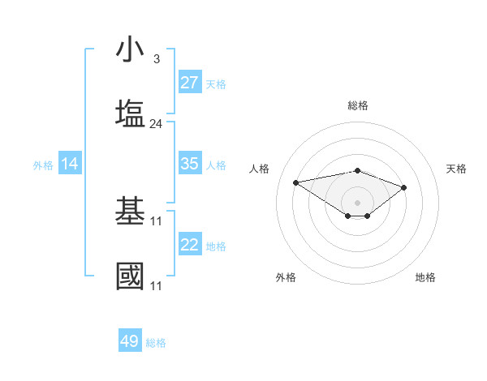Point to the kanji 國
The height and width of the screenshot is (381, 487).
[131, 276]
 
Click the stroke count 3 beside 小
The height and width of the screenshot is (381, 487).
[156, 59]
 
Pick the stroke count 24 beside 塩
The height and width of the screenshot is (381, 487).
[156, 123]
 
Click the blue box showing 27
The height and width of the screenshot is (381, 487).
[190, 83]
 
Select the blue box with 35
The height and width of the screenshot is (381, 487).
[190, 164]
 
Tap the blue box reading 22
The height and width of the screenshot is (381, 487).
[190, 246]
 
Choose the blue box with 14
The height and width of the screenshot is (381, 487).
[70, 165]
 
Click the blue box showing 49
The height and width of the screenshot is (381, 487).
[130, 341]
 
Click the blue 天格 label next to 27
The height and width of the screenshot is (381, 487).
[216, 84]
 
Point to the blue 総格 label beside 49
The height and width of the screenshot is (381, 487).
[156, 343]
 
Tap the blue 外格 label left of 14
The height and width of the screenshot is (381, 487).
[43, 165]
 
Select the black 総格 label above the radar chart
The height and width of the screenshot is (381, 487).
[357, 105]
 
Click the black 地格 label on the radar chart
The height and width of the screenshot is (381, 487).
[425, 277]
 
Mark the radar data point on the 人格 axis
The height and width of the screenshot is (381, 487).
[296, 182]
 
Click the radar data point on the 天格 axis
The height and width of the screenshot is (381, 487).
[403, 187]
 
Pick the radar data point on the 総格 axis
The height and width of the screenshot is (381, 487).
[357, 170]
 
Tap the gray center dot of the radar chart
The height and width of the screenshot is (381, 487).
[357, 202]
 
